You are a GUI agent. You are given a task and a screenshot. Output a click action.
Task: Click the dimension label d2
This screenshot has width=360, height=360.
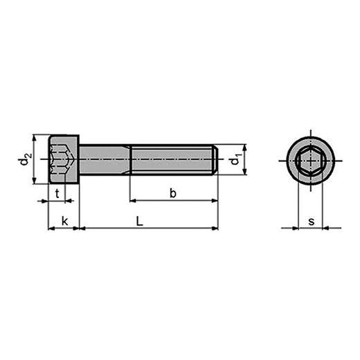coord(26,160)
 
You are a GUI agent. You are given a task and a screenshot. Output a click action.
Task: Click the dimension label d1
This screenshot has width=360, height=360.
coord(236,160)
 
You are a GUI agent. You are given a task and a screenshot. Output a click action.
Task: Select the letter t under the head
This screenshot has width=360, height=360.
coord(57,194)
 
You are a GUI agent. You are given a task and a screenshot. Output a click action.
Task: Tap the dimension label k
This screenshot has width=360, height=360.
coord(64,221)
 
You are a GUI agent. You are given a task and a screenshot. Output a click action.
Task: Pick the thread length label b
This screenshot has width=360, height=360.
coord(173,194)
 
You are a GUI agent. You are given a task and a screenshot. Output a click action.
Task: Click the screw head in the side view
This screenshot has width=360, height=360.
coord(64,160)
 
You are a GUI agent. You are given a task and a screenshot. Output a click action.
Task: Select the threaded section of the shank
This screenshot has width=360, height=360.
coord(173,160)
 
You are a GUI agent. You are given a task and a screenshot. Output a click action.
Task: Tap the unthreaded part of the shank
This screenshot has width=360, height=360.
coord(104,160)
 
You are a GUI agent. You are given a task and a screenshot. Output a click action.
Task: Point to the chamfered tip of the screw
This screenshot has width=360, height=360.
coord(215,160)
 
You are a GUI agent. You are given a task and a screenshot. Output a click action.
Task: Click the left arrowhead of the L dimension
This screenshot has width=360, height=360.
coord(84,228)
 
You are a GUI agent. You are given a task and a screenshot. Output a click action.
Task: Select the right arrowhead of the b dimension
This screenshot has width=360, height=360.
coord(214,201)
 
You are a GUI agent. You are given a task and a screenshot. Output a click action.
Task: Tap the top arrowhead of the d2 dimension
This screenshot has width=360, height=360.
coord(35,138)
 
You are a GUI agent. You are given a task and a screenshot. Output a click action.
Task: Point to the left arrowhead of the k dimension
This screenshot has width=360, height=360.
coord(51,228)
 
